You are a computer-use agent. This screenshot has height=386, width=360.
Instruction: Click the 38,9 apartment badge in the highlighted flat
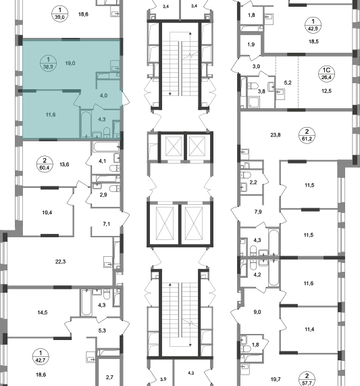[x=48, y=63]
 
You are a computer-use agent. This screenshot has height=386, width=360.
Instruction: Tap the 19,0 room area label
[x=70, y=64]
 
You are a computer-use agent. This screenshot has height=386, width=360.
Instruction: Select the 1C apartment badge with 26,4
[x=326, y=74]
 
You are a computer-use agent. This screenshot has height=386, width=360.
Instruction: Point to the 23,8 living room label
[x=276, y=135]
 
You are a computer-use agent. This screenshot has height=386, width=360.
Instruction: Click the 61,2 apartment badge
[x=307, y=135]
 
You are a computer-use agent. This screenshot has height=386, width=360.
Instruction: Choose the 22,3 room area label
[x=61, y=262]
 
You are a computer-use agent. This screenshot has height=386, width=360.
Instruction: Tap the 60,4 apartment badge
[x=45, y=164]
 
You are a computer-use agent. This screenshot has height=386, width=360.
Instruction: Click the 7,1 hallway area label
[x=107, y=224]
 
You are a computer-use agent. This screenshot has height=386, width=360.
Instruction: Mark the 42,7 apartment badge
[x=41, y=356]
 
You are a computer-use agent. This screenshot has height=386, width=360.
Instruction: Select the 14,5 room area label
[x=43, y=312]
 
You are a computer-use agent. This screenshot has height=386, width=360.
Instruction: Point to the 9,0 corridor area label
[x=257, y=312]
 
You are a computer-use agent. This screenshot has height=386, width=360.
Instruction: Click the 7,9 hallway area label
[x=258, y=212]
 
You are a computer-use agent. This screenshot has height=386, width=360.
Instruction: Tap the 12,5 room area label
[x=326, y=91]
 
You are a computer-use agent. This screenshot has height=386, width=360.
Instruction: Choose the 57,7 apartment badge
[x=307, y=379]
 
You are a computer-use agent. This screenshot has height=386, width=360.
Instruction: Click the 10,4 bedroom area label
[x=47, y=212]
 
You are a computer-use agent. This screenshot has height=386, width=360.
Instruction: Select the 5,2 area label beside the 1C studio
[x=288, y=82]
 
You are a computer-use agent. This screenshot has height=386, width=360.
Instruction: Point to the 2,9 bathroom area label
[x=103, y=195]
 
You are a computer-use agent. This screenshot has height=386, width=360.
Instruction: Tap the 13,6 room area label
[x=64, y=164]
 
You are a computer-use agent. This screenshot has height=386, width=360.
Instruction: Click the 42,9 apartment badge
[x=313, y=25]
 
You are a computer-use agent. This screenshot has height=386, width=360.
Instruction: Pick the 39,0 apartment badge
[x=59, y=14]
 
